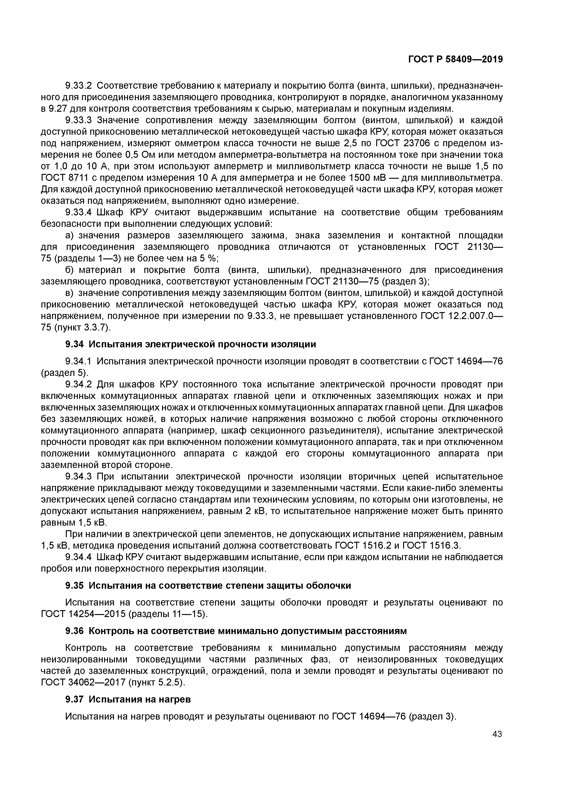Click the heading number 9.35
(x=75, y=585)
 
